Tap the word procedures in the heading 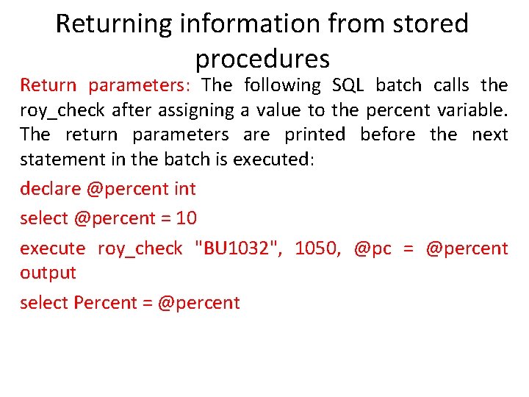point(262,58)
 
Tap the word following point(282,85)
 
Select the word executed point(273,160)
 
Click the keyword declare point(50,189)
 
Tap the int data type point(184,189)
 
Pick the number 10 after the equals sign point(187,218)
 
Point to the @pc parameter point(372,248)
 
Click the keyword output point(48,272)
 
